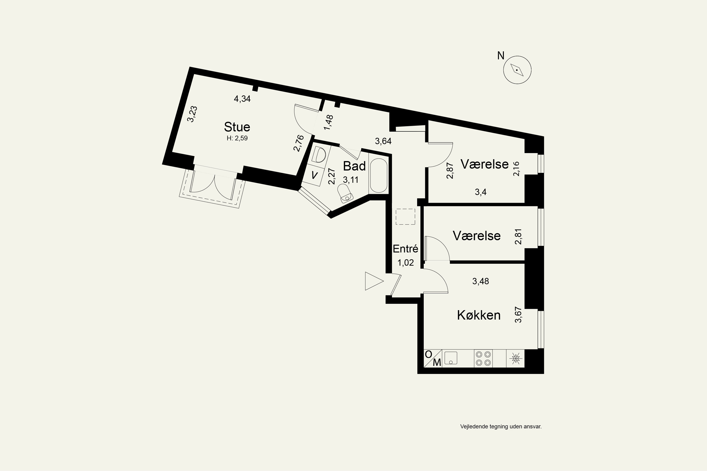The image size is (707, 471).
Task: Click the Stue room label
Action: pyautogui.click(x=237, y=127)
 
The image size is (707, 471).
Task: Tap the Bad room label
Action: pyautogui.click(x=354, y=166)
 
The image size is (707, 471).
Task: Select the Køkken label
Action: pyautogui.click(x=479, y=315)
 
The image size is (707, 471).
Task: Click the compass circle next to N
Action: pyautogui.click(x=517, y=70)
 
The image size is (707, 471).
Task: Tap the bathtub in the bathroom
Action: pyautogui.click(x=378, y=176)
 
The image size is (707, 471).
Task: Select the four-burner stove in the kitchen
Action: pyautogui.click(x=483, y=358)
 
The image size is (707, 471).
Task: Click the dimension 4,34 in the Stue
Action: pyautogui.click(x=242, y=98)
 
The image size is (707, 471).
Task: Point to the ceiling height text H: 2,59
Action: pyautogui.click(x=237, y=138)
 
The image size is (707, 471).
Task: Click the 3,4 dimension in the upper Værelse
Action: pyautogui.click(x=481, y=192)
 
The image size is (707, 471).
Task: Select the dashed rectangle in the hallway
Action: pyautogui.click(x=405, y=217)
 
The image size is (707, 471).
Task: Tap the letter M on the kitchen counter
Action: pyautogui.click(x=437, y=363)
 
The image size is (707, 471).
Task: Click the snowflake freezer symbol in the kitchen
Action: pyautogui.click(x=516, y=358)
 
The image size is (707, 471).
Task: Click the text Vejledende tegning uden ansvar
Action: pyautogui.click(x=501, y=426)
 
